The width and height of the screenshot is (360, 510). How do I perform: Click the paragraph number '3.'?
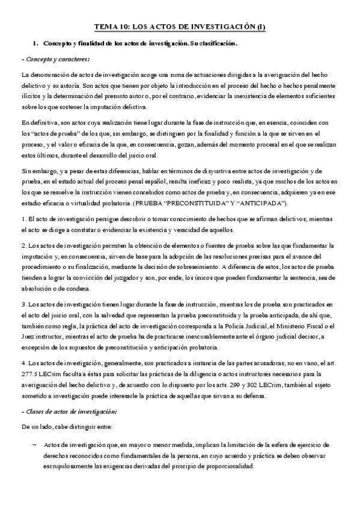pos(24,304)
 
